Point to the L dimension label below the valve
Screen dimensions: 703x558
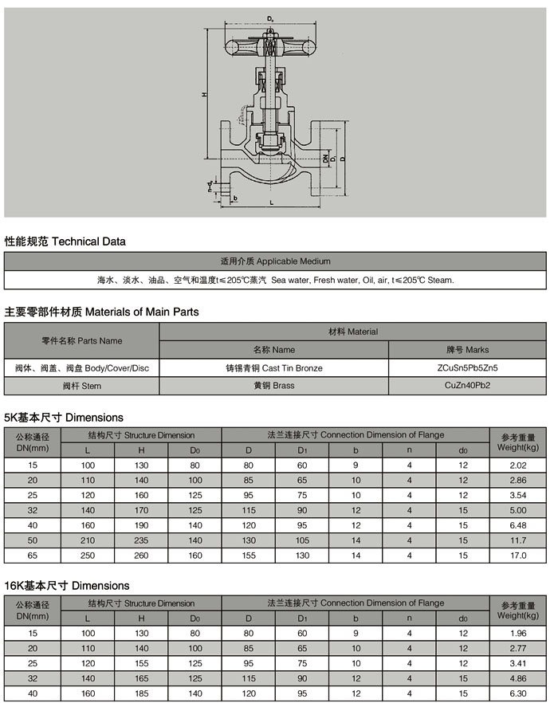point(272,203)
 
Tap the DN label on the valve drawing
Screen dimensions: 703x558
point(327,159)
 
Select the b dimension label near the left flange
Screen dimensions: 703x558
point(236,197)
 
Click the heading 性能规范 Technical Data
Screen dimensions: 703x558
point(65,241)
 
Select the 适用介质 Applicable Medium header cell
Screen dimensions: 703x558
point(275,261)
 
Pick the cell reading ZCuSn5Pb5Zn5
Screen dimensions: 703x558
point(467,368)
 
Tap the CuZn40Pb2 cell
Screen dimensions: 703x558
point(467,387)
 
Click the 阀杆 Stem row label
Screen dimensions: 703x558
point(82,387)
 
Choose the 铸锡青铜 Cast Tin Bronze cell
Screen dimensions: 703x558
point(274,368)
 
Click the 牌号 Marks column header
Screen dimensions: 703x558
point(467,349)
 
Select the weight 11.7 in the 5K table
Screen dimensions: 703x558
point(518,540)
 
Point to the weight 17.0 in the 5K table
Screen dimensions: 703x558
point(518,555)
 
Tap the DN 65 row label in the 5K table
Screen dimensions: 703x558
point(33,555)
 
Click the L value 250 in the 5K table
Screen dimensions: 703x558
point(88,555)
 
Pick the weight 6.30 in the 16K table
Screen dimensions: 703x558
point(518,693)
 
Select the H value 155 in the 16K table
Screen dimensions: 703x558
point(141,662)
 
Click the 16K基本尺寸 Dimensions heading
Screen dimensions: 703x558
point(67,586)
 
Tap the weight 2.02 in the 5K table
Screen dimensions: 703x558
point(518,465)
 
